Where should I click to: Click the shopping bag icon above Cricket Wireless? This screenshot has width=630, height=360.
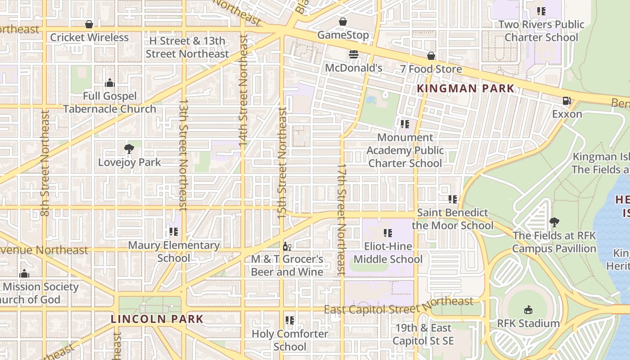[89, 24]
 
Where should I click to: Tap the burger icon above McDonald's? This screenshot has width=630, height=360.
[354, 54]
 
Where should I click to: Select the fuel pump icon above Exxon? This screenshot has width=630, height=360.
[567, 101]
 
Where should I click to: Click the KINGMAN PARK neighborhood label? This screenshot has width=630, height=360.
[465, 88]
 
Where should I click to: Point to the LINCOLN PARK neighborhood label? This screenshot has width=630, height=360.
[157, 319]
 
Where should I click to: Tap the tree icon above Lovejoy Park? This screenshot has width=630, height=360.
[129, 148]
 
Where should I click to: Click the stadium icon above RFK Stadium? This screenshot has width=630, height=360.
[528, 310]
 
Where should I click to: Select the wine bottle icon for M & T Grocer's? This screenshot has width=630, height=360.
[287, 246]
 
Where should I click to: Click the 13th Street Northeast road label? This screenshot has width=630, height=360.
[183, 155]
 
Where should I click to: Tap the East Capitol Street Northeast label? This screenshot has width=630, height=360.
[399, 306]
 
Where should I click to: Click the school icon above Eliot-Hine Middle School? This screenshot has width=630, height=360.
[387, 233]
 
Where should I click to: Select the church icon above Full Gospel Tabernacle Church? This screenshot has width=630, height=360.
[109, 83]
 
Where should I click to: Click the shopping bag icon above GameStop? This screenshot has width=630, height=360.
[343, 22]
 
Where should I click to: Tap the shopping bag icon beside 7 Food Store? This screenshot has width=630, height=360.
[431, 56]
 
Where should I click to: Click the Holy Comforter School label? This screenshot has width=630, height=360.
[290, 340]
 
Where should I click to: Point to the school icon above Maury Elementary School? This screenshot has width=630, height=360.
[173, 232]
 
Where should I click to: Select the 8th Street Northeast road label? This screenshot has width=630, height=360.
[45, 163]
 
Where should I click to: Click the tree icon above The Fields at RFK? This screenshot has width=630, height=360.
[554, 222]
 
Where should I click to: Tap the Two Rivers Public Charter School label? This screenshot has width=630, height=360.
[541, 31]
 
